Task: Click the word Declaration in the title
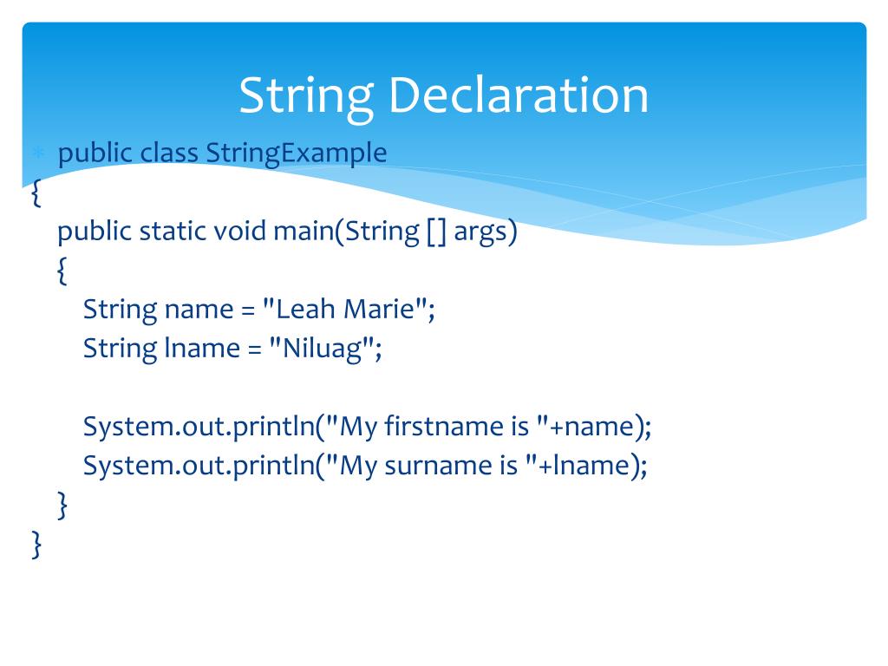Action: tap(519, 95)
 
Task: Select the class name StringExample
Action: tap(297, 153)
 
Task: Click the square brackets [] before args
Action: tap(436, 232)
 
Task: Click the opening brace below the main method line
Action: tap(62, 272)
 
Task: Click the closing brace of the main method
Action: tap(62, 506)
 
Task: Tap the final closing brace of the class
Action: tap(36, 545)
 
